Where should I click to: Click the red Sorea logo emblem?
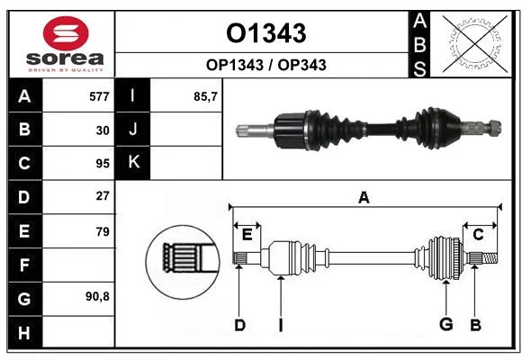pos(66,33)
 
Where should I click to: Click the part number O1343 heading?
pos(266,33)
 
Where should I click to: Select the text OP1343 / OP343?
pos(266,65)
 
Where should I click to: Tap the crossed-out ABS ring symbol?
pos(475,43)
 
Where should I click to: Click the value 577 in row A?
pos(99,96)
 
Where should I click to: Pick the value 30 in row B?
pos(103,130)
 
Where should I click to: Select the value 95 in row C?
pos(103,164)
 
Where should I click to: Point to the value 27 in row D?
pos(103,196)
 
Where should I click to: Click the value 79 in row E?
pos(103,231)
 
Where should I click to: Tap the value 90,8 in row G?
pos(97,296)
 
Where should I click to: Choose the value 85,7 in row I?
pos(205,96)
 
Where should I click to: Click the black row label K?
pos(133,163)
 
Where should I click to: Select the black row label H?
pos(25,332)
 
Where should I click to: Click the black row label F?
pos(25,265)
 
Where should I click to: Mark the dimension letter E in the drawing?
pos(247,235)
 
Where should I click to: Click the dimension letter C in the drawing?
pos(478,235)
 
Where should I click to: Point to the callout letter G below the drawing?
pos(446,324)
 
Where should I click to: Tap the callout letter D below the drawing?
pos(239,325)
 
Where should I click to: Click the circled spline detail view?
pos(183,262)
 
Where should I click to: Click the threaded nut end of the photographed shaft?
pos(495,127)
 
